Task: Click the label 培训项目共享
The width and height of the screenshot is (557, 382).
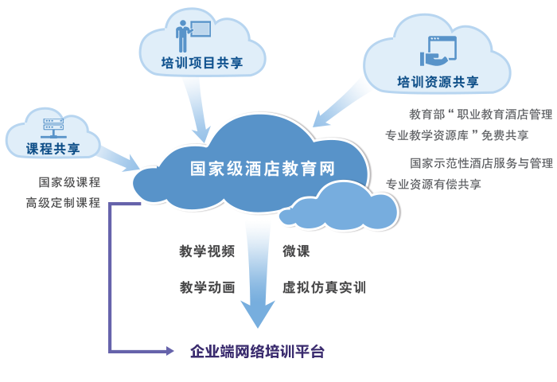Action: pos(202,63)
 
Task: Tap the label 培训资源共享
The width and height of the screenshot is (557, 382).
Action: pos(438,82)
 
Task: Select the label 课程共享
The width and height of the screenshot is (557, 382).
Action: pos(53,149)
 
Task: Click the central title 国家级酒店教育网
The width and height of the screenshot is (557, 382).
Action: pos(262,169)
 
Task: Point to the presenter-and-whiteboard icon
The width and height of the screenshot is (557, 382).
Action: pos(193,36)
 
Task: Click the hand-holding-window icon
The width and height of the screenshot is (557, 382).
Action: pos(438,51)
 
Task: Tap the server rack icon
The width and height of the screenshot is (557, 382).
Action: pos(53,128)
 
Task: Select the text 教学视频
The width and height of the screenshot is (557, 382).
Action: pos(207,251)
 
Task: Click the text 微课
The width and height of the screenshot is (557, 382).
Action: pos(296,251)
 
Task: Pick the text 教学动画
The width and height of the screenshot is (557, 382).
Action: pos(207,287)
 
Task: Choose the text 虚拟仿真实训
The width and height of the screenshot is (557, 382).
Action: pos(324,287)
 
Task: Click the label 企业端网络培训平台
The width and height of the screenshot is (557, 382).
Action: pos(257,352)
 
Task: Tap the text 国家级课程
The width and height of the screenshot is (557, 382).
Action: pos(69,182)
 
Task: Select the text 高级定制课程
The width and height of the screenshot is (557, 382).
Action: pos(63,203)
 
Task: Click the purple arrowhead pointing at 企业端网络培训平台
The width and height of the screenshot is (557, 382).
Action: pos(169,352)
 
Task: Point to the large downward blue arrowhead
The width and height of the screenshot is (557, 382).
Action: pos(258,313)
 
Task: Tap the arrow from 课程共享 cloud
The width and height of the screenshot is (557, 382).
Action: pos(119,159)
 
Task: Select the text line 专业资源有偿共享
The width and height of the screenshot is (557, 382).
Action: pos(434,184)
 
